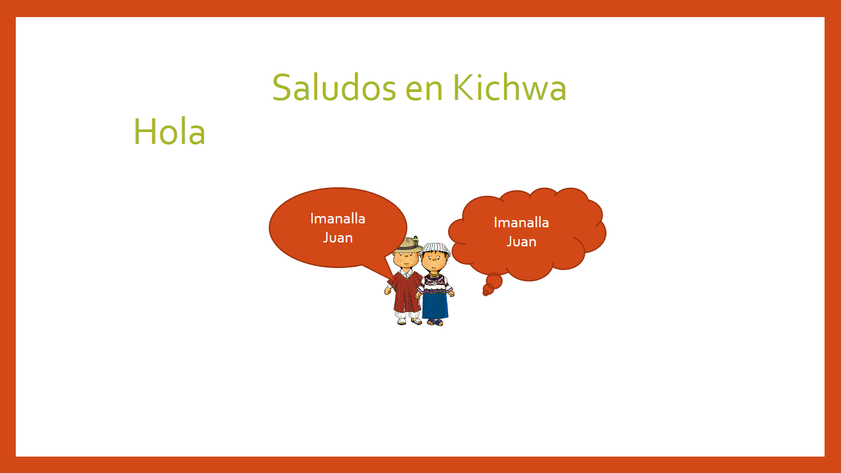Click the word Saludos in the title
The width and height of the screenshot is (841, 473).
(334, 87)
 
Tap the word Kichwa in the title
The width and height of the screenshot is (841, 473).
(509, 87)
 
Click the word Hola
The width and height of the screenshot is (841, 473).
(170, 131)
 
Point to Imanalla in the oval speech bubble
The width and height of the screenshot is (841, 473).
(338, 219)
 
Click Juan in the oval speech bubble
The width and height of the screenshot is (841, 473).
(338, 238)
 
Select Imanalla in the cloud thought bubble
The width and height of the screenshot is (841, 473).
(521, 223)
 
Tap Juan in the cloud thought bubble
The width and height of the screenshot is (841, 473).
(521, 242)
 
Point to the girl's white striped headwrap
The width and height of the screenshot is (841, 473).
(436, 248)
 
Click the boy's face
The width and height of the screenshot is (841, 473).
(405, 259)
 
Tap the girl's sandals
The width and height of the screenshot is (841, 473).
(435, 322)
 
